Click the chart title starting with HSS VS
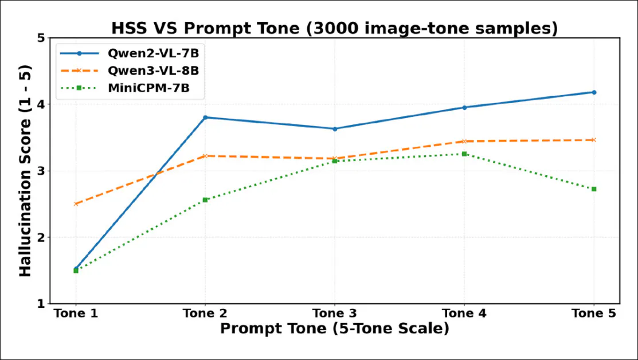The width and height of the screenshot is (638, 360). tap(334, 28)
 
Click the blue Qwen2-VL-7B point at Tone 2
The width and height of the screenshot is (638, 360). tap(205, 118)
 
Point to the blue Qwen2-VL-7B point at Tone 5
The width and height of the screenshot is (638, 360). tap(594, 92)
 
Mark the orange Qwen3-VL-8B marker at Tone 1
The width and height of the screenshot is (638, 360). tap(76, 204)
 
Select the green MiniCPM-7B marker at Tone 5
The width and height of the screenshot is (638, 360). tap(594, 189)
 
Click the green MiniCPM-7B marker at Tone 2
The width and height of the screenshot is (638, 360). tap(205, 199)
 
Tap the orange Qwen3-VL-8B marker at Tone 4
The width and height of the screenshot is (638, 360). tap(464, 141)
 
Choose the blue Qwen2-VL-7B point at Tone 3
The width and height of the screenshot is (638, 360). tap(335, 129)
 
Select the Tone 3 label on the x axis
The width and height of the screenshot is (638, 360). tap(335, 314)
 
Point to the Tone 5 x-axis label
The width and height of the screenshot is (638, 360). tap(594, 314)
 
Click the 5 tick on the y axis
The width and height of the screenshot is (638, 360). tap(41, 38)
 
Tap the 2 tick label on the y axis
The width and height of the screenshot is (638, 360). tap(41, 237)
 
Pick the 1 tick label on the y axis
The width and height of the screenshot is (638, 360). tap(41, 304)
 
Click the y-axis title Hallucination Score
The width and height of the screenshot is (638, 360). tap(26, 171)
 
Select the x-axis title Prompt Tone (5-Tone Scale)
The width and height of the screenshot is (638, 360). tap(334, 328)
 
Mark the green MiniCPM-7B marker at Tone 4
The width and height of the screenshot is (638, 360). tap(464, 154)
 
